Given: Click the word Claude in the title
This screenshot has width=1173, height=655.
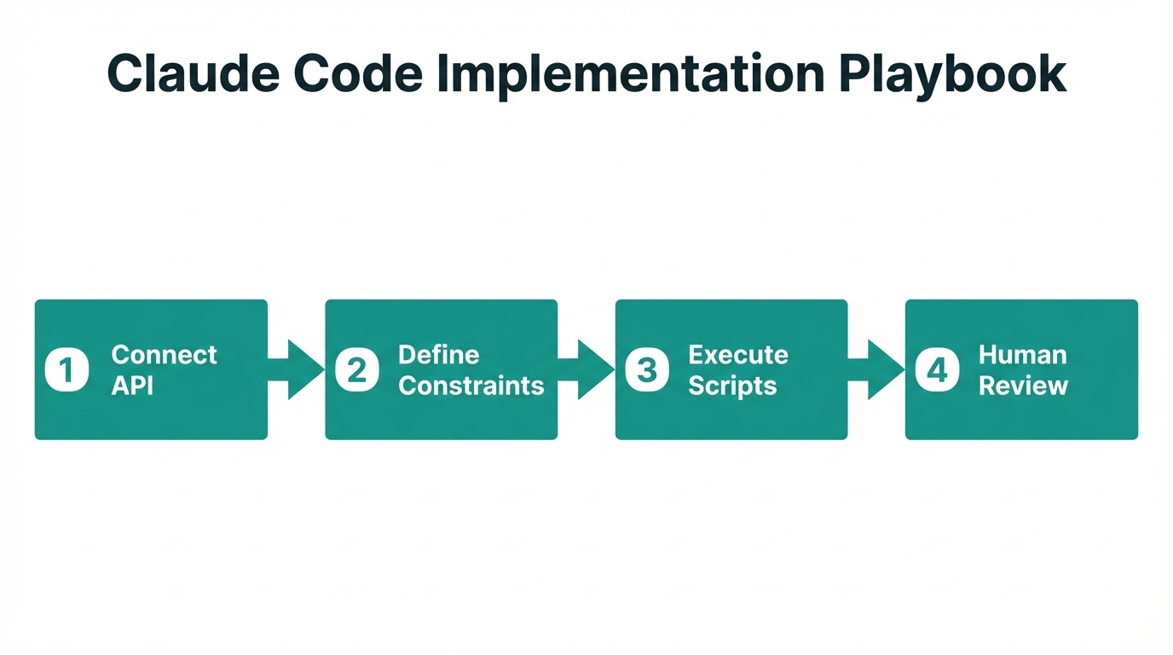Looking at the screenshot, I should (x=193, y=74).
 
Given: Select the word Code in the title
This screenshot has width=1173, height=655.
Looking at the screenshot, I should (x=358, y=74).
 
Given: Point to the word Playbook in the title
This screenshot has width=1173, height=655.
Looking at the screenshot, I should (x=952, y=74).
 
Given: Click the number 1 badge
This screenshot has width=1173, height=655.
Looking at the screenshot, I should (x=66, y=370).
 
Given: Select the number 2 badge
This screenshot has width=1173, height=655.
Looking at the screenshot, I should (x=357, y=370).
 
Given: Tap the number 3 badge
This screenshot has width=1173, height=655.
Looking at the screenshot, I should (x=647, y=370).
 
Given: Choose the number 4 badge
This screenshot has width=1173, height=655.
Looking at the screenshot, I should (x=937, y=370).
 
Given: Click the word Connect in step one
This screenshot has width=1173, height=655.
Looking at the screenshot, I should (x=165, y=355).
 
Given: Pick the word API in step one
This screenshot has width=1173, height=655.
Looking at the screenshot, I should (x=133, y=385).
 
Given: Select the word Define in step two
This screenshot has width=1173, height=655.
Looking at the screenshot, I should (x=439, y=355).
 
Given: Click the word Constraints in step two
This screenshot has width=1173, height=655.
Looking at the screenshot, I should (x=471, y=385).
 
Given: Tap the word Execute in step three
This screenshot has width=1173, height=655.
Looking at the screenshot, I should (x=738, y=355).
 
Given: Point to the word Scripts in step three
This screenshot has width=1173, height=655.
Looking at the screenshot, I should (x=732, y=385).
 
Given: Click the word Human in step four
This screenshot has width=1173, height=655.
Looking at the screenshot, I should (x=1022, y=355).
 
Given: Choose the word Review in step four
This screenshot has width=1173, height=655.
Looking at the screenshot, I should (x=1023, y=385).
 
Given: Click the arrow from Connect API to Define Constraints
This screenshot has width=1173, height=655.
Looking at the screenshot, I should (x=298, y=369).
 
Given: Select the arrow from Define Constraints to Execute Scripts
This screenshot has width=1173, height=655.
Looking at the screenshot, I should (x=587, y=369).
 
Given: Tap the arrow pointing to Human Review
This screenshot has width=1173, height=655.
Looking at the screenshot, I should (x=877, y=369).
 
